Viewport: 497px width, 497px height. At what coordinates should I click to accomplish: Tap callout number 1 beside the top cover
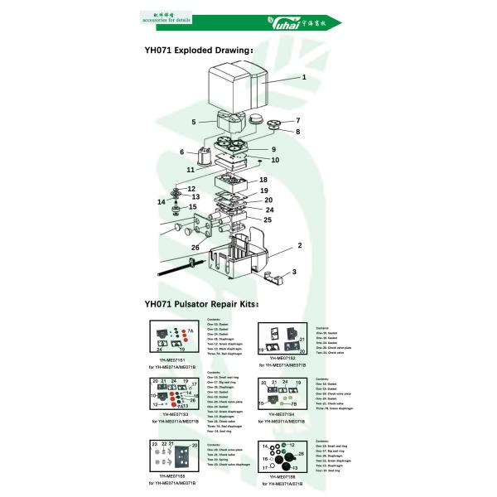(x=304, y=77)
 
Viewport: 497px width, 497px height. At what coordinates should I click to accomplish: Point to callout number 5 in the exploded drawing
(x=193, y=122)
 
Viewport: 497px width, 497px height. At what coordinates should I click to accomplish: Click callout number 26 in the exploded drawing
(x=195, y=247)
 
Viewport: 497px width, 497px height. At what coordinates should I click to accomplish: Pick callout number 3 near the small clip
(x=294, y=271)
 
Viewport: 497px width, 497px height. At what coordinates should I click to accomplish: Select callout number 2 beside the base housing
(x=299, y=245)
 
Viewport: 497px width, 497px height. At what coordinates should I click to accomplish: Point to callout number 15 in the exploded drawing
(x=193, y=207)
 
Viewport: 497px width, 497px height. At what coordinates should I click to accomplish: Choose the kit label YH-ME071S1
(x=174, y=361)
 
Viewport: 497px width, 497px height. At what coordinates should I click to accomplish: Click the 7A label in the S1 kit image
(x=190, y=331)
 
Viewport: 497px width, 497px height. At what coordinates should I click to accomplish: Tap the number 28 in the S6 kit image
(x=302, y=454)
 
